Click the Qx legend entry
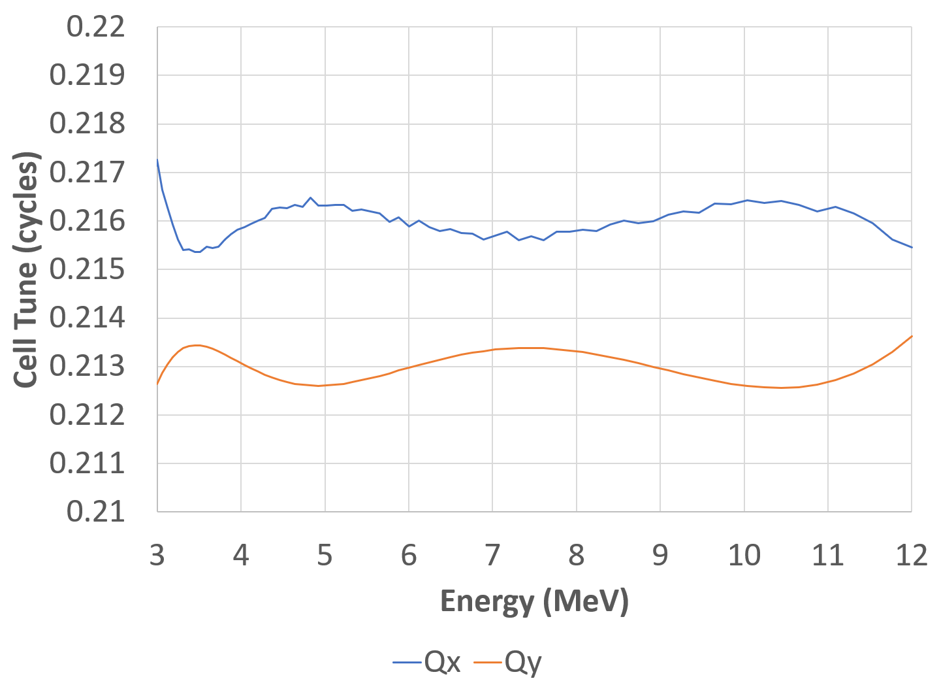pos(428,663)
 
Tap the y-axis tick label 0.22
pos(95,27)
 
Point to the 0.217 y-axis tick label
pos(87,173)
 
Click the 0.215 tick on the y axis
pos(87,269)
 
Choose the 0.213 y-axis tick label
pos(87,367)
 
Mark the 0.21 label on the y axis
pos(95,512)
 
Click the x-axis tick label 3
pos(157,555)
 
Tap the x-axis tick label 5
pos(325,555)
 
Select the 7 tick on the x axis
pos(492,555)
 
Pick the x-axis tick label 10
pos(744,555)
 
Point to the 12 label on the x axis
pos(912,555)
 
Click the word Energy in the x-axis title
pos(486,601)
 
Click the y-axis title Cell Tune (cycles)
pos(26,269)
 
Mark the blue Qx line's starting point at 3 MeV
pos(157,159)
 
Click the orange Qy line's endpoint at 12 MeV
pos(912,336)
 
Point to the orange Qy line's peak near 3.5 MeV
pos(197,345)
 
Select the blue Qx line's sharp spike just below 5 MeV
pos(310,197)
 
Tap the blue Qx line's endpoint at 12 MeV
pos(912,247)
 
